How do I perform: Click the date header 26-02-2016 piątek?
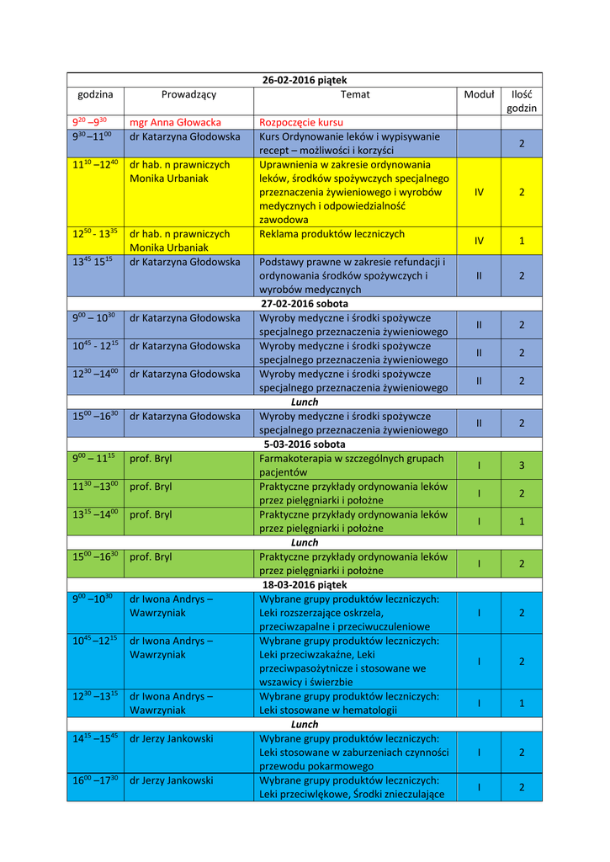(x=305, y=80)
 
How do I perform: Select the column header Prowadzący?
(x=188, y=94)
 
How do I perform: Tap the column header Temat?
(x=355, y=94)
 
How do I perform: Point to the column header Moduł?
(x=479, y=94)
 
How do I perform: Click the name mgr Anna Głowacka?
(x=175, y=122)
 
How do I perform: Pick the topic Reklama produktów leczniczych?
(x=332, y=234)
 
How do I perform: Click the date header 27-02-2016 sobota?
(x=305, y=304)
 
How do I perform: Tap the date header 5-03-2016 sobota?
(x=305, y=444)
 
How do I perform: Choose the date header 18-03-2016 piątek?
(x=305, y=584)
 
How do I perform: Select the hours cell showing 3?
(x=522, y=466)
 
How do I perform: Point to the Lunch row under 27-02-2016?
(x=305, y=402)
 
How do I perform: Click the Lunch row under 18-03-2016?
(x=305, y=724)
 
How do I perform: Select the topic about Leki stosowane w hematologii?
(x=348, y=703)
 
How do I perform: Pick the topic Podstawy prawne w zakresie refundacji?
(x=352, y=275)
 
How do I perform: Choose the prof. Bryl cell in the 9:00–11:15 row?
(x=151, y=458)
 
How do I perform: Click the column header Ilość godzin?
(x=522, y=101)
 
